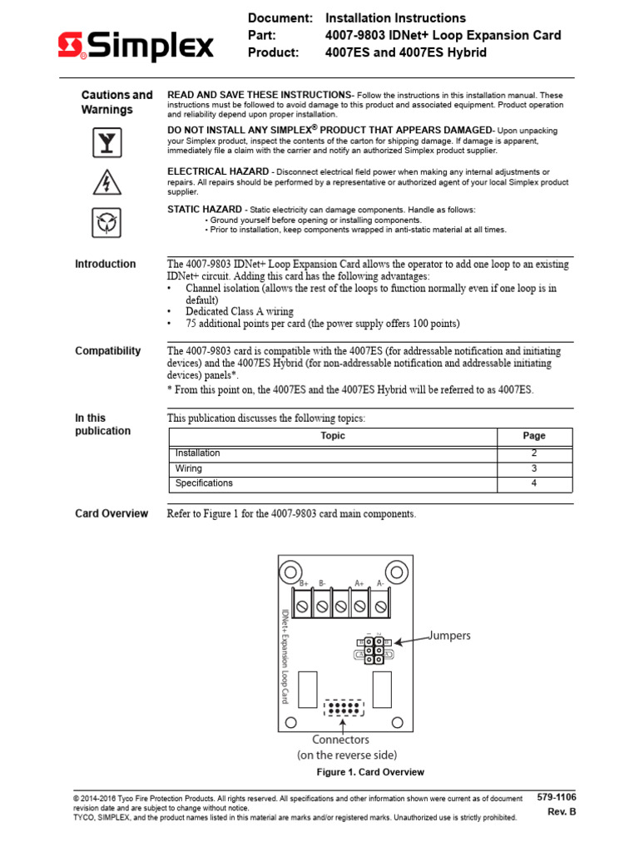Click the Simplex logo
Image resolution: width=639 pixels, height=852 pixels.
tap(136, 47)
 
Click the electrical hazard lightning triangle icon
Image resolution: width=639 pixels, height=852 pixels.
tap(106, 181)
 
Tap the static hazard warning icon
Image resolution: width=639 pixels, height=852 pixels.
tap(106, 222)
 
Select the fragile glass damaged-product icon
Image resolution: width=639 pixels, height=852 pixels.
tap(106, 143)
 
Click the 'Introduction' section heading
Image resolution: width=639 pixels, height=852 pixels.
tap(106, 264)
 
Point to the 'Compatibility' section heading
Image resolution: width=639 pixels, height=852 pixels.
tap(108, 351)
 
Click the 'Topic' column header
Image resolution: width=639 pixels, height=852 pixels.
tap(333, 436)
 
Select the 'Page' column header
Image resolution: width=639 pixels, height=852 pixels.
tap(534, 436)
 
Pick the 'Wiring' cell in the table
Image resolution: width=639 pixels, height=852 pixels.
tap(189, 468)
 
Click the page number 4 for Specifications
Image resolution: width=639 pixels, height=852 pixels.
tap(534, 483)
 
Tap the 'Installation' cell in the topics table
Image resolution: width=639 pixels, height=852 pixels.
tap(198, 453)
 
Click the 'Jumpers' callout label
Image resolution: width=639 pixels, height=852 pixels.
tap(450, 636)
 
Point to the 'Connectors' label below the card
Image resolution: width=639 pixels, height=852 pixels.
tap(340, 740)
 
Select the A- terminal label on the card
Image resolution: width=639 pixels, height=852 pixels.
tap(380, 584)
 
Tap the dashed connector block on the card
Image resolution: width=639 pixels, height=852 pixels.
tap(344, 709)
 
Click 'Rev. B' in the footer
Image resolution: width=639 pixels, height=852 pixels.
tap(562, 812)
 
